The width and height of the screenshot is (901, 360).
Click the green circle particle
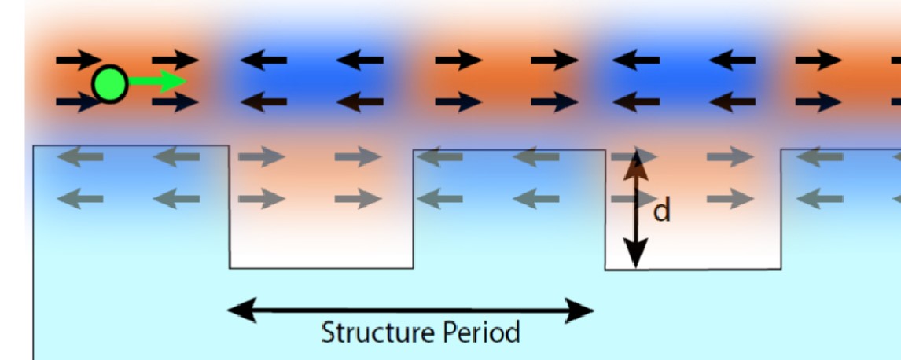(x=109, y=84)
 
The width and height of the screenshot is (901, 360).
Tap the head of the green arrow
(x=173, y=82)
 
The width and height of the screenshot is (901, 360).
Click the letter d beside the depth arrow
(x=662, y=211)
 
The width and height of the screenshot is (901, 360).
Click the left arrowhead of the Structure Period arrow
(x=242, y=310)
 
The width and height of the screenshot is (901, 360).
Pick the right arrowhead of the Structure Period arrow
(x=579, y=310)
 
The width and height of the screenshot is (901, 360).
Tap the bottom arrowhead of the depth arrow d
(x=635, y=253)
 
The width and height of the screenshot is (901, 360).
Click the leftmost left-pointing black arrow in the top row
(x=263, y=60)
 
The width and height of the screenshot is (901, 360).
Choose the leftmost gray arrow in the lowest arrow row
(x=80, y=199)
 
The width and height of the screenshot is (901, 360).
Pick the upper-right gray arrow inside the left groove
(x=358, y=156)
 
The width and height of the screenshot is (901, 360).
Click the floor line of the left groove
(x=322, y=268)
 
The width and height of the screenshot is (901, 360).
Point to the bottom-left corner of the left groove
(x=230, y=268)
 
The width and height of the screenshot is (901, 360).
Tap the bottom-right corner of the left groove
(x=413, y=268)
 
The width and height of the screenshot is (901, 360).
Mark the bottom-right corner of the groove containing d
(x=781, y=269)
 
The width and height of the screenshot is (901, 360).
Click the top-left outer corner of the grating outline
(x=33, y=146)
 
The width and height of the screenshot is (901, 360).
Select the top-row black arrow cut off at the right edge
(x=895, y=60)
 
